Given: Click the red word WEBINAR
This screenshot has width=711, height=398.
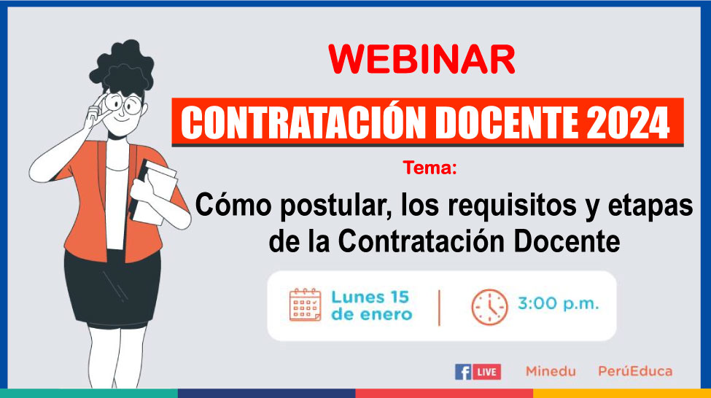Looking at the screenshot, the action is coord(421,59).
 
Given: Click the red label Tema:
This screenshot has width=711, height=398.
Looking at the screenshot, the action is coord(430,168).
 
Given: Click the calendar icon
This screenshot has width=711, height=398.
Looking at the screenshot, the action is coord(305,305).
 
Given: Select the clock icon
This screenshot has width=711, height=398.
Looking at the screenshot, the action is coord(489,307).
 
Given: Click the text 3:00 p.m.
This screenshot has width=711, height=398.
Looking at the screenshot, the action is coord(558,303).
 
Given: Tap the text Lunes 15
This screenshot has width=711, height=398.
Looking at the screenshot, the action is coord(370,297).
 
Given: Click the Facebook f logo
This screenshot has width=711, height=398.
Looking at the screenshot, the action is coord(463,372).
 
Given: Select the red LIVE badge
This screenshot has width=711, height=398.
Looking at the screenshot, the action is coord(486,372).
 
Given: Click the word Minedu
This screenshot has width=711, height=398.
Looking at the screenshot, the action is coord(551,371).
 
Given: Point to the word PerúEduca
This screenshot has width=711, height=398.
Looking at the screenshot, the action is coord(635,371).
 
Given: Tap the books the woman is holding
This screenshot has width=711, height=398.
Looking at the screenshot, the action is coord(153,192).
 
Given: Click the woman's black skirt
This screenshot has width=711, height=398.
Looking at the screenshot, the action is coord(112,289).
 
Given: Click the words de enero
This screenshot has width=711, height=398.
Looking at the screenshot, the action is coord(371,314).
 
